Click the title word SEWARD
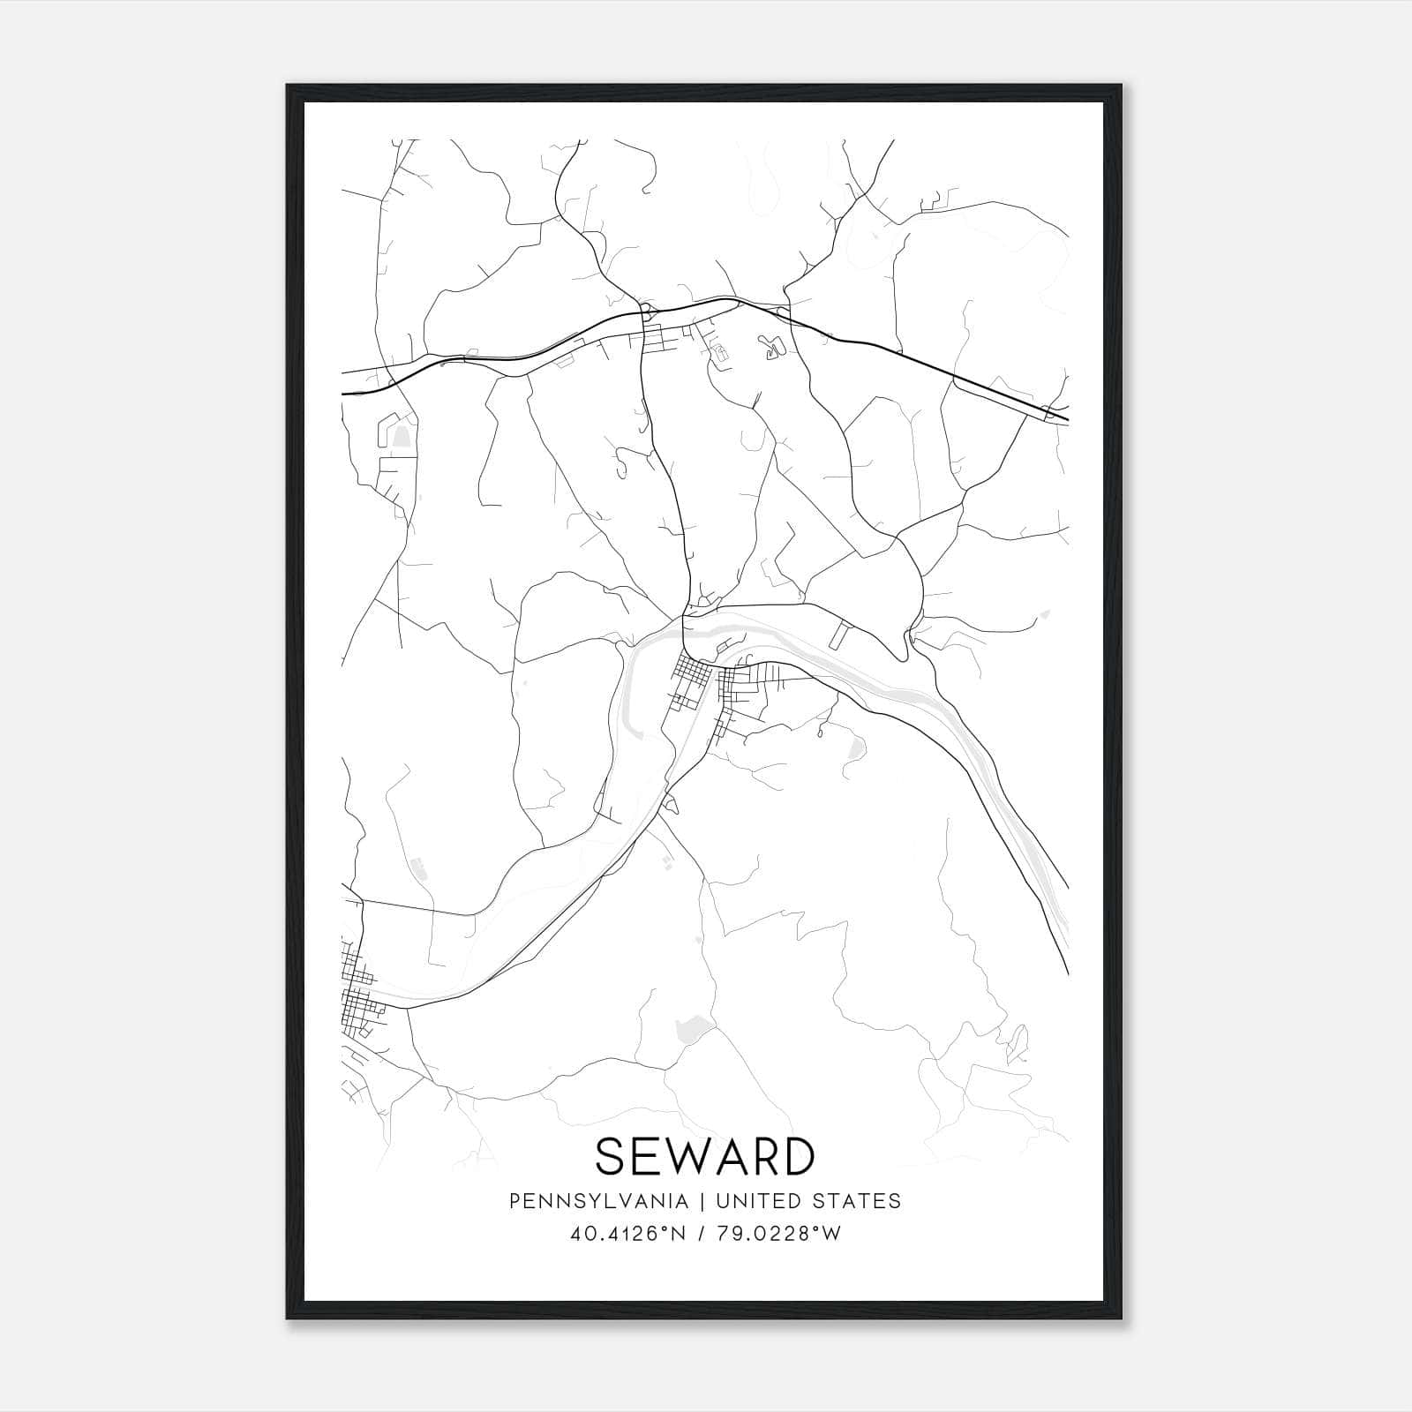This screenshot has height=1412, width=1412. point(704,1156)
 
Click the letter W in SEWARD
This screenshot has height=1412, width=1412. point(685,1156)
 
